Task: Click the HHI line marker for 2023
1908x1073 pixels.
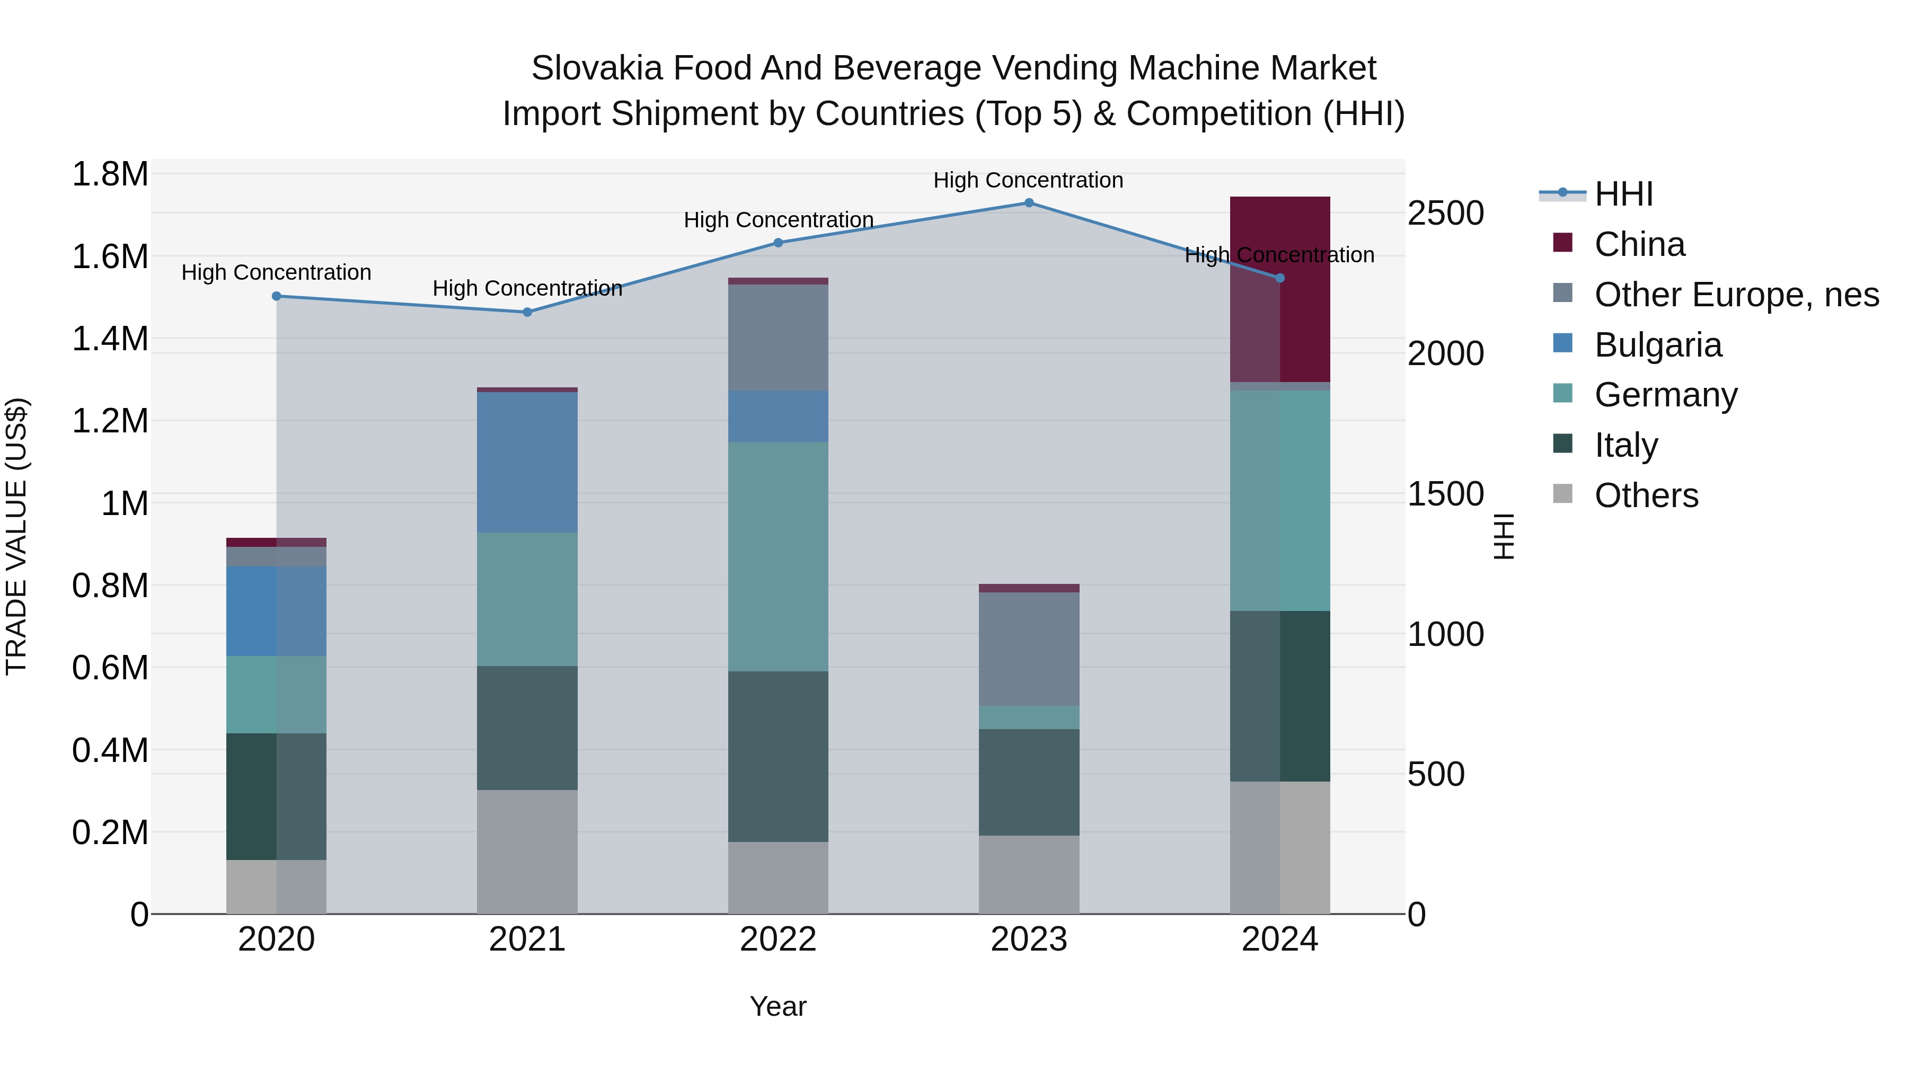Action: [1029, 203]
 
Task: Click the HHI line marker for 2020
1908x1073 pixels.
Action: [276, 296]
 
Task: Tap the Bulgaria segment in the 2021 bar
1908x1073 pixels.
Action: [527, 462]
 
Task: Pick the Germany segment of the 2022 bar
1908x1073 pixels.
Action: [778, 556]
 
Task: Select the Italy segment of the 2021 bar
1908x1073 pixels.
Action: [527, 728]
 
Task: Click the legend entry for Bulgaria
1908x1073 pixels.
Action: [1658, 345]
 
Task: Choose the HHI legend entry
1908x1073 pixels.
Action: [1623, 194]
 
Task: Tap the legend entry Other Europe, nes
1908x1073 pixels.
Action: [1736, 295]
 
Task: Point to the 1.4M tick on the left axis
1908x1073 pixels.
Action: [110, 339]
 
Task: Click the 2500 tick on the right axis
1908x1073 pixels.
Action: [1445, 213]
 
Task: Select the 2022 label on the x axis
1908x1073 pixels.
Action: [778, 939]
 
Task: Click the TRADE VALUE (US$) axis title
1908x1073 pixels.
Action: [16, 536]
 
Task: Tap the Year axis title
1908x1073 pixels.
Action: [778, 1006]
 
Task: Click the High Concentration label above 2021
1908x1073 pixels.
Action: [527, 288]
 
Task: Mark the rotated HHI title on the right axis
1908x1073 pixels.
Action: [1504, 536]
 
